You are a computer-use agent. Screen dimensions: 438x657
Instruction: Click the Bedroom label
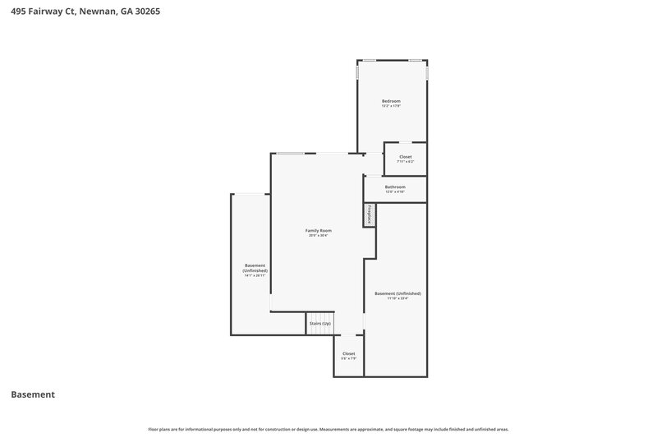(x=391, y=101)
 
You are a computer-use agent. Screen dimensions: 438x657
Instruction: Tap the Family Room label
(x=319, y=230)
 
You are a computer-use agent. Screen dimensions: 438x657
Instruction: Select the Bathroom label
(x=395, y=187)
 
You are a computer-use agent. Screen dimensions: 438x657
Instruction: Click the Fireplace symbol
(x=370, y=214)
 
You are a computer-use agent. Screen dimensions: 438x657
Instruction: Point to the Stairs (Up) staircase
(x=320, y=323)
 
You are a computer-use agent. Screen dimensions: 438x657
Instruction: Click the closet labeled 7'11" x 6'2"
(x=405, y=156)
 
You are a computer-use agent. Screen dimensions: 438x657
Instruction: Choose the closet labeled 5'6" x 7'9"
(x=349, y=353)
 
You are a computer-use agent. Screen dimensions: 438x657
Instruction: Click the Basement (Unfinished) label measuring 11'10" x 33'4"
(x=397, y=293)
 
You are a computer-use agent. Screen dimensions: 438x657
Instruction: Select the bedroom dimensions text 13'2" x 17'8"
(x=391, y=106)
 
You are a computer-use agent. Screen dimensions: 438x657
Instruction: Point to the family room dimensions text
(x=319, y=236)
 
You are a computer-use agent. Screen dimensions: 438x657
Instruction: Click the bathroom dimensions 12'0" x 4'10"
(x=395, y=191)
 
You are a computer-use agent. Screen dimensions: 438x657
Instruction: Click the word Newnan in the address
(x=102, y=12)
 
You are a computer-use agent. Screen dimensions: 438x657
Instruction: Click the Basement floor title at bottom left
(x=33, y=394)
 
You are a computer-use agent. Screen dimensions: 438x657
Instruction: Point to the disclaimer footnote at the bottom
(x=328, y=429)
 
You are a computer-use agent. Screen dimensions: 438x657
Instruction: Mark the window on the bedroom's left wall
(x=357, y=72)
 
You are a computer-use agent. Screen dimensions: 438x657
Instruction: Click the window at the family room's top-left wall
(x=290, y=154)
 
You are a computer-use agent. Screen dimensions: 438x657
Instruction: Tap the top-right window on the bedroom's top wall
(x=416, y=60)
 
